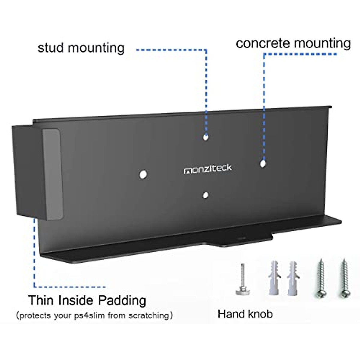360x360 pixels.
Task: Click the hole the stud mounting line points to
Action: pos(205,137)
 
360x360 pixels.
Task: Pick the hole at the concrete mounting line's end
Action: pos(263,163)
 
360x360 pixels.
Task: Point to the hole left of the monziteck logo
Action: pos(143,174)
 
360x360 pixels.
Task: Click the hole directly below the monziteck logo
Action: pos(205,195)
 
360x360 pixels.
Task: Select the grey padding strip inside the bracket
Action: pos(52,174)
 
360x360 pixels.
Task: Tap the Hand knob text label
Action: pos(245,314)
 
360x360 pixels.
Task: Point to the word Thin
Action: pos(41,300)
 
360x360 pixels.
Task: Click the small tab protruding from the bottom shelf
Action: pos(240,241)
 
